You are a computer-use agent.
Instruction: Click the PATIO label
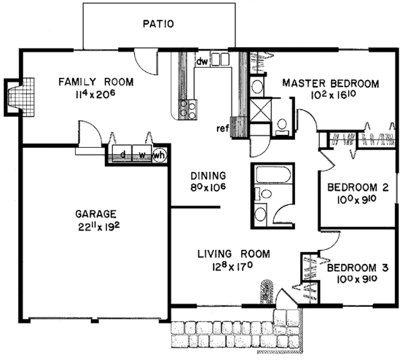click(x=159, y=24)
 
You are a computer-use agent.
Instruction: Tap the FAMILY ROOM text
click(x=96, y=82)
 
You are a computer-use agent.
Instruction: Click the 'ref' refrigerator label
click(x=222, y=128)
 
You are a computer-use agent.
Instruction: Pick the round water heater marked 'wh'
click(x=159, y=155)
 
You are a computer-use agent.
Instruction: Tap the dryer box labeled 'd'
click(x=122, y=153)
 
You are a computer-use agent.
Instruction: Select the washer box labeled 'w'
click(x=142, y=153)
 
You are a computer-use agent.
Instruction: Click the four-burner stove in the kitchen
click(x=188, y=109)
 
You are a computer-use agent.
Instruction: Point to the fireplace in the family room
click(x=19, y=97)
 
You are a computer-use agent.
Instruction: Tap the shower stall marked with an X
click(x=261, y=110)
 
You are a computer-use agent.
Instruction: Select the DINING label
click(x=208, y=176)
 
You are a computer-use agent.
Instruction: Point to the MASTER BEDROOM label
click(x=330, y=83)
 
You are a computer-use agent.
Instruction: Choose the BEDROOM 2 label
click(x=358, y=187)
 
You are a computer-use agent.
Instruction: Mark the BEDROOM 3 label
click(x=358, y=268)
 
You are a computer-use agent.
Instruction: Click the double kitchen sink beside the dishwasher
click(x=220, y=59)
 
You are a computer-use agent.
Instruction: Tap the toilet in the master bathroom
click(x=282, y=126)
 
